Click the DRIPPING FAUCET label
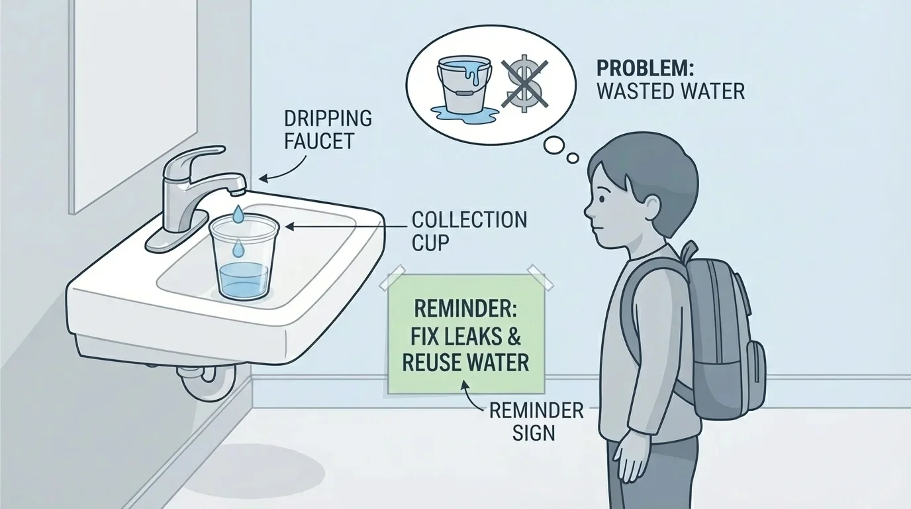pyautogui.click(x=327, y=130)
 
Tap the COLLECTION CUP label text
pyautogui.click(x=469, y=231)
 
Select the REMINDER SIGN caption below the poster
pyautogui.click(x=536, y=422)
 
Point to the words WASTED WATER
pyautogui.click(x=670, y=91)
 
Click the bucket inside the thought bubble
pyautogui.click(x=463, y=84)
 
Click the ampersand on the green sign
pyautogui.click(x=512, y=337)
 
